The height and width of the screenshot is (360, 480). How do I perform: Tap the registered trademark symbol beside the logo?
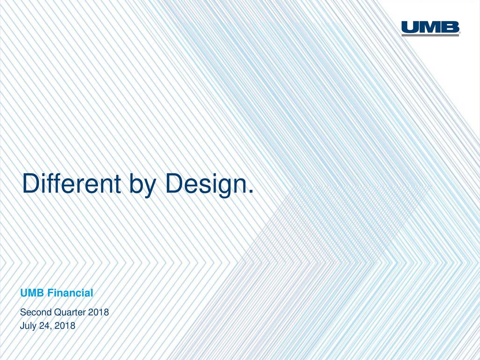pos(460,34)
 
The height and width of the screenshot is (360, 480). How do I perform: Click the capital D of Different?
pos(30,184)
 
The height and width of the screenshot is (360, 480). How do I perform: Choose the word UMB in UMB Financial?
pos(32,293)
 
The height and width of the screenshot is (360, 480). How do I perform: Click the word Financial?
pos(70,293)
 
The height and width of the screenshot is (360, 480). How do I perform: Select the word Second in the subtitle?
pos(36,312)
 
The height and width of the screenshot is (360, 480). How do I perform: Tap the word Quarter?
pos(70,312)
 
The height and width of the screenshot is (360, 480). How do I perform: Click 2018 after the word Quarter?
pos(98,312)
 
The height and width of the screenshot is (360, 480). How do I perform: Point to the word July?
pos(28,326)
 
